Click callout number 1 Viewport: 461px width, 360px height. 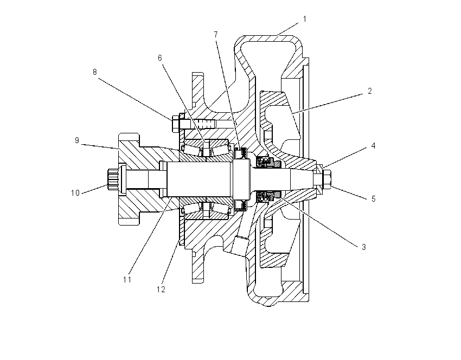305,19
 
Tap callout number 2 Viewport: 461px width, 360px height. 369,91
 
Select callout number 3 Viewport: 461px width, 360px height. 364,247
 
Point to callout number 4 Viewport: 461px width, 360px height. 373,146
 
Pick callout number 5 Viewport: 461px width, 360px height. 373,199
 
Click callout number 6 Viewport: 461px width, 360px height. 159,58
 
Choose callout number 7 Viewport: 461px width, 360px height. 216,35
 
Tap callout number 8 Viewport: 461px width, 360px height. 95,72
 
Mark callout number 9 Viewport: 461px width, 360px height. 76,140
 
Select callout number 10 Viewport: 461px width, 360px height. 75,193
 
